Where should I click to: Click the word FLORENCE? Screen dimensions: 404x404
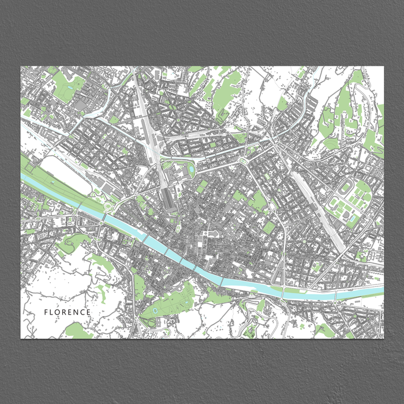click(68, 312)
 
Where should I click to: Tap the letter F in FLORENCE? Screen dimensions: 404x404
click(46, 312)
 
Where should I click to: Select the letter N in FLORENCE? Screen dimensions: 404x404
click(76, 312)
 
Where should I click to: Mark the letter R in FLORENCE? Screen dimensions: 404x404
click(65, 312)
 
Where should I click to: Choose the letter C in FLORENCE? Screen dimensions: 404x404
click(83, 312)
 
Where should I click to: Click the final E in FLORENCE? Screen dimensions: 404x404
click(88, 312)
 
